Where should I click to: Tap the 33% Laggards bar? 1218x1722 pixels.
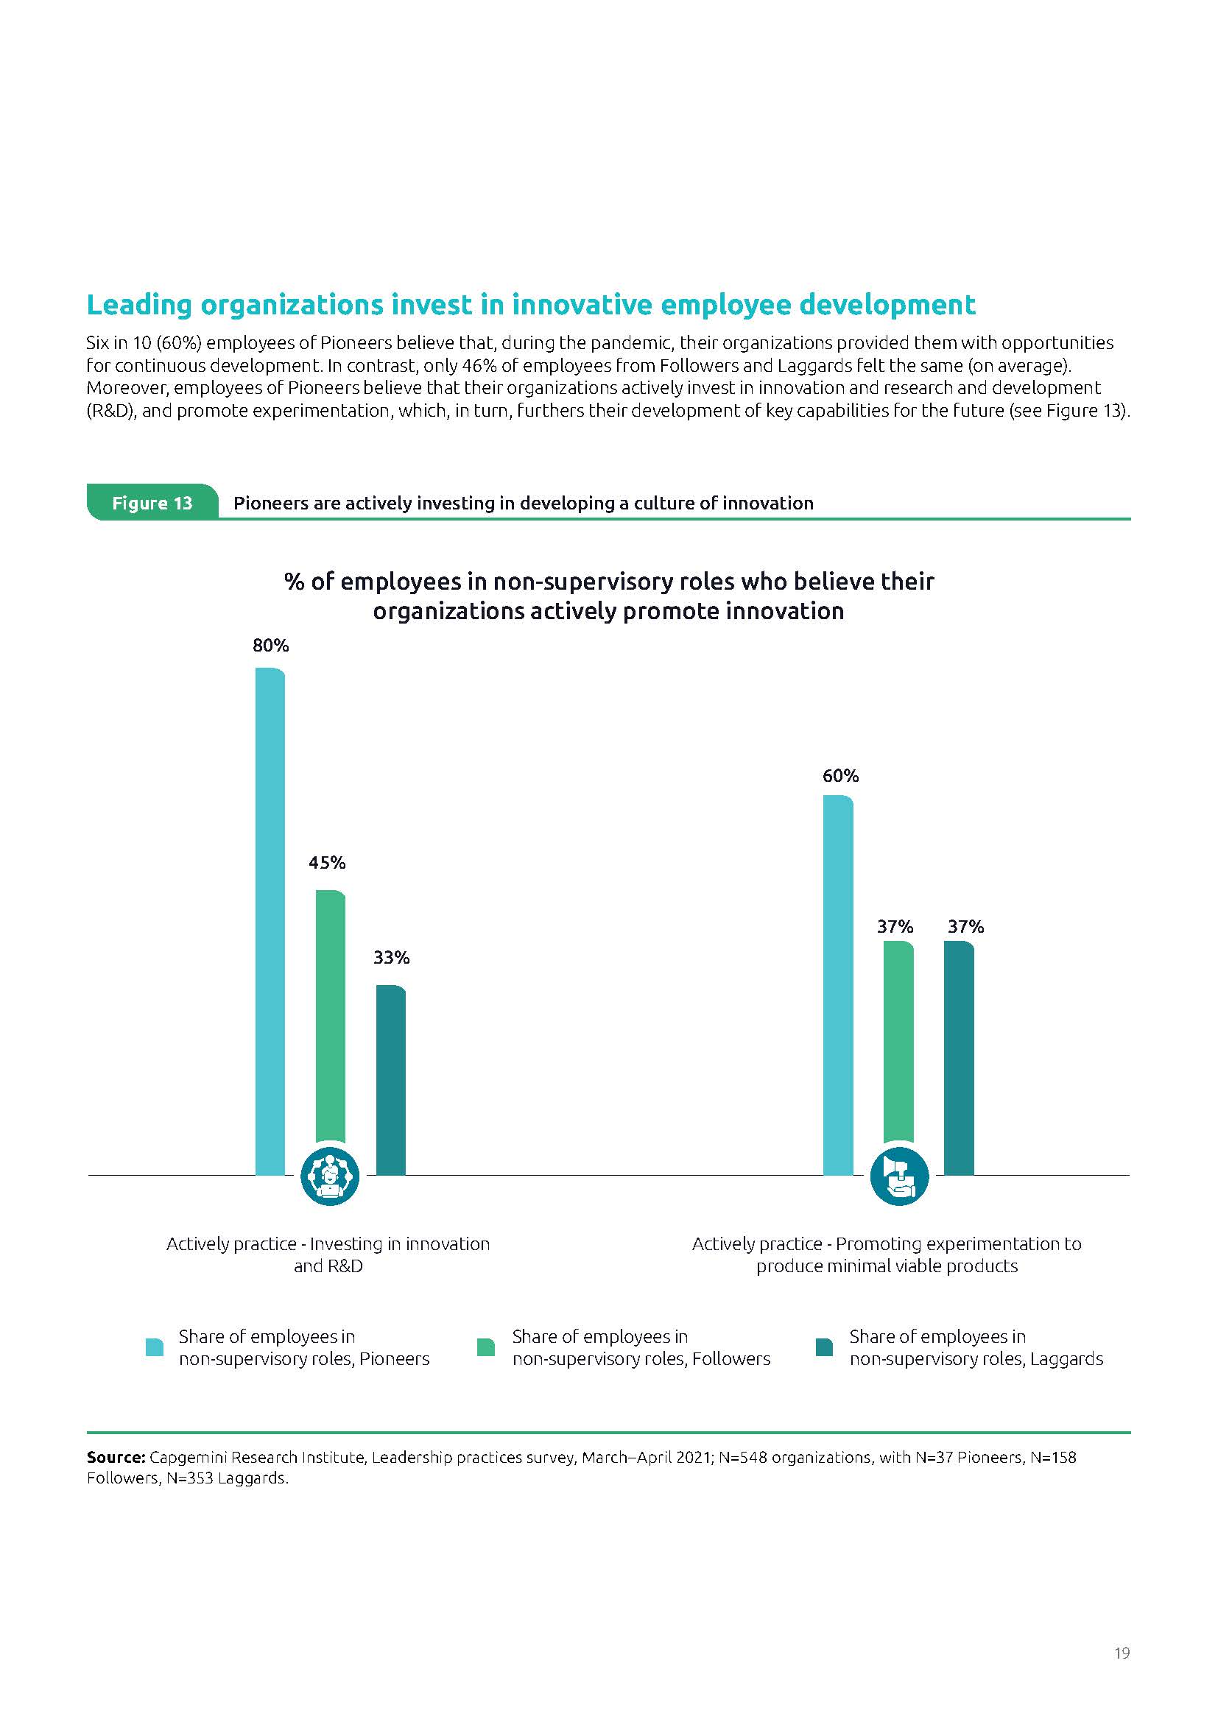(390, 1080)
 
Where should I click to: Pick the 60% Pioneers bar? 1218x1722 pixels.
(838, 983)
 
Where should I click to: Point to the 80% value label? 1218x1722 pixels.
(271, 646)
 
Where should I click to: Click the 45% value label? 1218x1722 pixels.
(327, 864)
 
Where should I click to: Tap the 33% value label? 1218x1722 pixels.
(392, 958)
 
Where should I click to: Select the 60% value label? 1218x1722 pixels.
(840, 776)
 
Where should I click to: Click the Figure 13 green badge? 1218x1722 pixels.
(152, 503)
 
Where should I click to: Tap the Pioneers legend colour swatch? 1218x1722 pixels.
(155, 1347)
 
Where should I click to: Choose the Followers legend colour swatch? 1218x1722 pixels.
(486, 1347)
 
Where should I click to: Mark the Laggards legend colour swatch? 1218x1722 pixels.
(823, 1347)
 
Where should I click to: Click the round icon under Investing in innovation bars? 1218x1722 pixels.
(330, 1176)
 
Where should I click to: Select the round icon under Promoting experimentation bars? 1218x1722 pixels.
(898, 1176)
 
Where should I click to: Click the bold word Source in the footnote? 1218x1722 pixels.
(115, 1457)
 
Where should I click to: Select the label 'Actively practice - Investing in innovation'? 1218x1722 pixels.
(328, 1244)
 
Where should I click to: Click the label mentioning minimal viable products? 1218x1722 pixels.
(887, 1267)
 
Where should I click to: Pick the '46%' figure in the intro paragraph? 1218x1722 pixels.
(465, 366)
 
